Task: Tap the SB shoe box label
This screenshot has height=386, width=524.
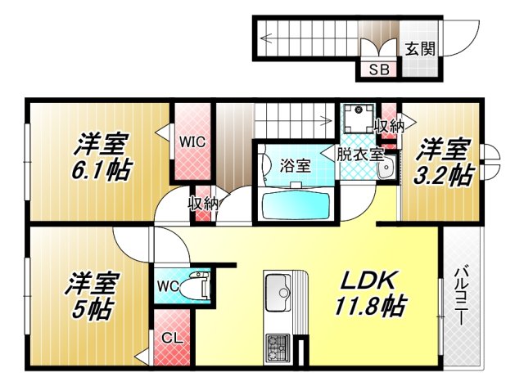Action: pyautogui.click(x=380, y=70)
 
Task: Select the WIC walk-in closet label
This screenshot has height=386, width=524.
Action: pyautogui.click(x=192, y=140)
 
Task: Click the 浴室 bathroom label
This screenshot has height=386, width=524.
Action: pyautogui.click(x=296, y=164)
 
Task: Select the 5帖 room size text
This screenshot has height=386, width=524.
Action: pyautogui.click(x=91, y=311)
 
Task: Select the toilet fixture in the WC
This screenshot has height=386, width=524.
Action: pyautogui.click(x=197, y=286)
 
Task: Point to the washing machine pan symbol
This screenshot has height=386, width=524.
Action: pyautogui.click(x=358, y=120)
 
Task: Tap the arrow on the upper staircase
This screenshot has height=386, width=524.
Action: pyautogui.click(x=267, y=36)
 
